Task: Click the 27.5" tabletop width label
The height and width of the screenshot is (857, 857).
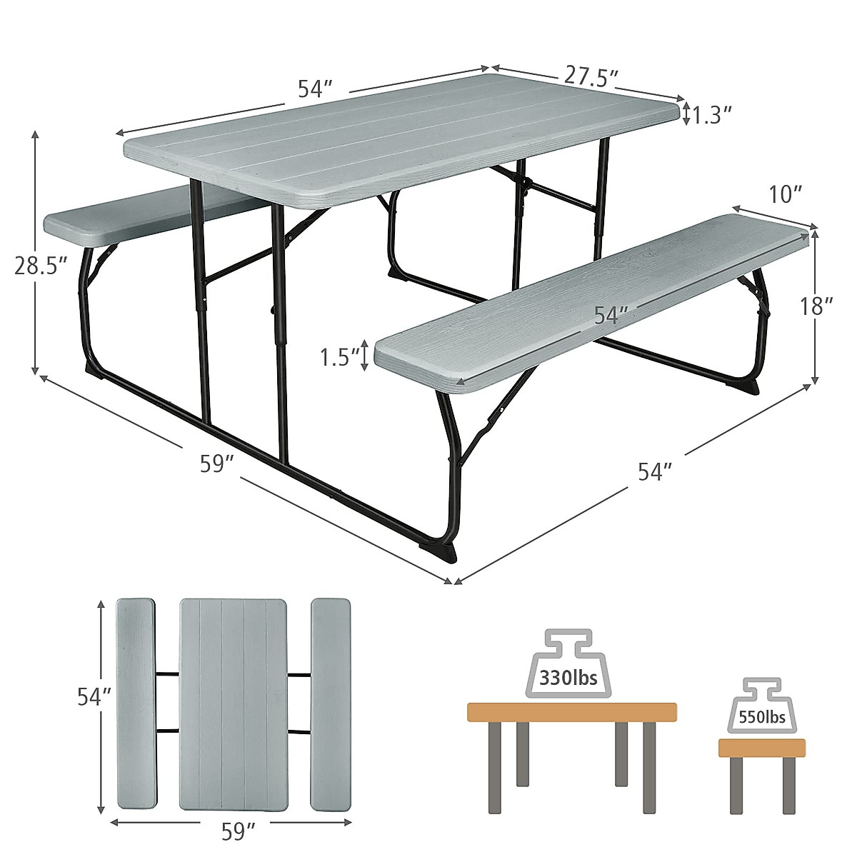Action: click(x=590, y=76)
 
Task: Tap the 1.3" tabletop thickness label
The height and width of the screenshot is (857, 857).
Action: click(x=712, y=114)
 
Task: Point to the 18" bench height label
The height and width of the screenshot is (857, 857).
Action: click(x=815, y=307)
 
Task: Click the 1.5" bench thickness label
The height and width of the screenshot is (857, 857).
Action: click(x=339, y=356)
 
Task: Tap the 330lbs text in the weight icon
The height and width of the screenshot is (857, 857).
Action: click(x=568, y=678)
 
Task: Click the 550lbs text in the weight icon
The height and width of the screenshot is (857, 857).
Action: click(x=763, y=716)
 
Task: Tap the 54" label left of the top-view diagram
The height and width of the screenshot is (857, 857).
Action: click(x=94, y=697)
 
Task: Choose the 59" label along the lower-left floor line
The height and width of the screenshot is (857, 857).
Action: click(x=217, y=465)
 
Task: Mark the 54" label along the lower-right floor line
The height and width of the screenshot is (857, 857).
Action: click(x=655, y=472)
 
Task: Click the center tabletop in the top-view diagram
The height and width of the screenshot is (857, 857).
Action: click(x=233, y=704)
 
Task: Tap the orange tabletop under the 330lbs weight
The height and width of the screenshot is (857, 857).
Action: click(x=571, y=712)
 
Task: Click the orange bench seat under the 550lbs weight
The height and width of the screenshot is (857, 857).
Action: click(x=761, y=748)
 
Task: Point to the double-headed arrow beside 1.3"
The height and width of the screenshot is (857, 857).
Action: click(x=687, y=114)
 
